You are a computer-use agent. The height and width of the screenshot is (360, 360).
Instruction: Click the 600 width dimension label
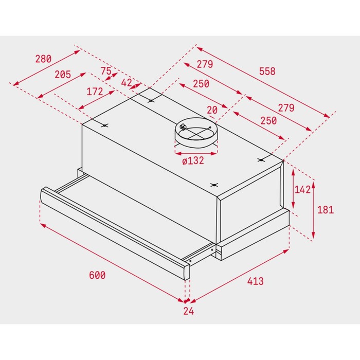pos(97,275)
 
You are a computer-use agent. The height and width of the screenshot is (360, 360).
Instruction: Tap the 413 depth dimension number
pos(255,281)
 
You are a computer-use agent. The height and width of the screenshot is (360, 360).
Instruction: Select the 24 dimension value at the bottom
pos(189,311)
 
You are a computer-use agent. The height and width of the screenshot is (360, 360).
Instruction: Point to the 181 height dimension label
pos(326,210)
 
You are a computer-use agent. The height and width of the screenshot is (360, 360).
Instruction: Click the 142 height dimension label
pos(302,190)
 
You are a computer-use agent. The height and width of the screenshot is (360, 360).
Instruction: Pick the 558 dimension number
pos(267,71)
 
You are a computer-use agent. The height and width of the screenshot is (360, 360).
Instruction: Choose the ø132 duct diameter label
pos(193,160)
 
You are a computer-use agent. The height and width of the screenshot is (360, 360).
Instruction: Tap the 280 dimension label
pos(43,59)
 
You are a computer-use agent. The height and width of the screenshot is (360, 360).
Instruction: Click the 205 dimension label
pos(63,75)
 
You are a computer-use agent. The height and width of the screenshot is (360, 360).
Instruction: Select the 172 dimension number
pos(95,92)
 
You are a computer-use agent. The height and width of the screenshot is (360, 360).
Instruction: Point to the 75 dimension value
pos(106,71)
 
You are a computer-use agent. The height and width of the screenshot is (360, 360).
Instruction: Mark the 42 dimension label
pos(127,83)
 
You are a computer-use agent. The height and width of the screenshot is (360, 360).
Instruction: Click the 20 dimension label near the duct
pos(212,110)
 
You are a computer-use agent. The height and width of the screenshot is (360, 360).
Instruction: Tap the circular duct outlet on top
pos(196,133)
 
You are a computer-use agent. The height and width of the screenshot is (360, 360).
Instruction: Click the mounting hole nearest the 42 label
pos(150,101)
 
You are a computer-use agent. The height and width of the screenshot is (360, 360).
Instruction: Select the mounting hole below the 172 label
pos(105,125)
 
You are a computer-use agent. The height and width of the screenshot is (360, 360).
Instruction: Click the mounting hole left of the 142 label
pos(261,160)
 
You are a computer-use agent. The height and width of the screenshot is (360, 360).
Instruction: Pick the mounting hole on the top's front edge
pos(214,185)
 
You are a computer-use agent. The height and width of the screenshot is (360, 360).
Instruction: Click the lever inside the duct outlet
pos(183,127)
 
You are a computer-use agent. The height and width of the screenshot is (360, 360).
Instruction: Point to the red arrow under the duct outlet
pos(196,153)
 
